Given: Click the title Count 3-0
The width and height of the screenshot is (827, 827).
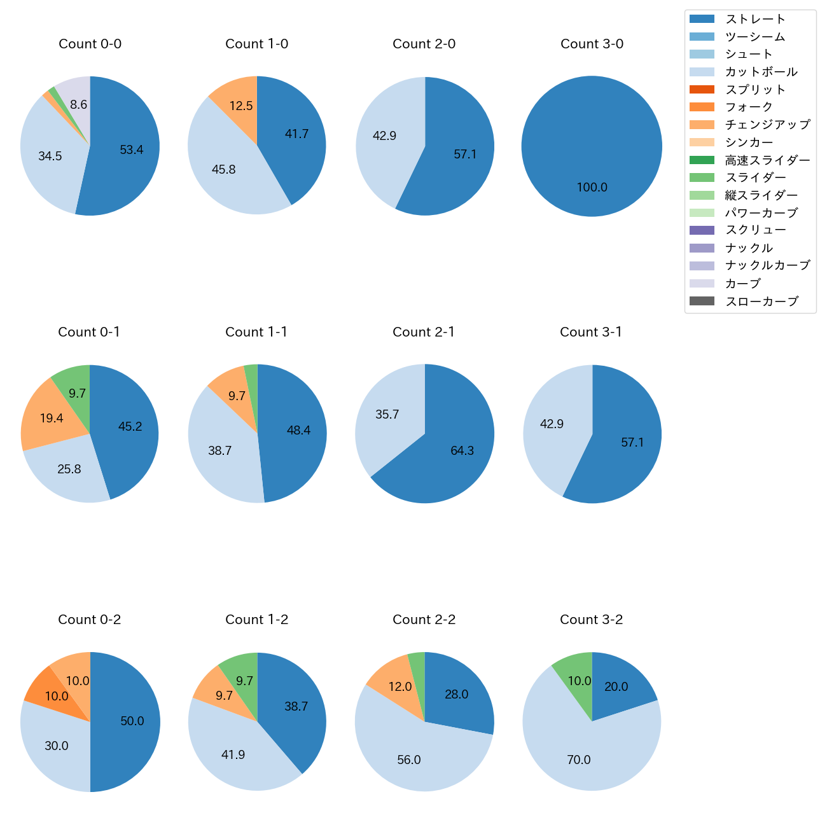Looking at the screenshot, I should click(x=592, y=44).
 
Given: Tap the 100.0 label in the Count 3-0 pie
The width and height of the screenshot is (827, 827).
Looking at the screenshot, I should click(x=592, y=188).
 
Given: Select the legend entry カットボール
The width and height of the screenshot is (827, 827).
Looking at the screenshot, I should click(x=761, y=72).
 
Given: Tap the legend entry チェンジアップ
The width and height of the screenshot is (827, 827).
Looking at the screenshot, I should click(x=767, y=125).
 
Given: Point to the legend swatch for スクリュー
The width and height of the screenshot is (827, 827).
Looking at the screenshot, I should click(x=702, y=230).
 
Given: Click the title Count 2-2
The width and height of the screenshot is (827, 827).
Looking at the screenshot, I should click(x=424, y=620).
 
